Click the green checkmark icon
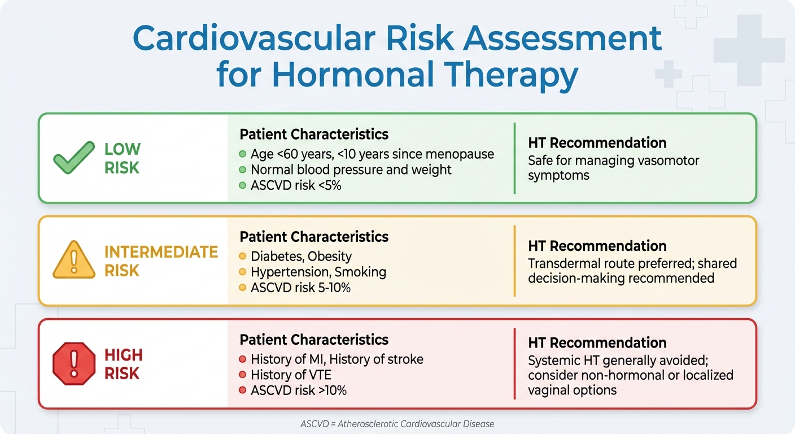pyautogui.click(x=73, y=158)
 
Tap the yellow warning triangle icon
pyautogui.click(x=73, y=261)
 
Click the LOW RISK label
pyautogui.click(x=123, y=158)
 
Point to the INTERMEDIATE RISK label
pyautogui.click(x=161, y=261)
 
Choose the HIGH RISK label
pyautogui.click(x=123, y=364)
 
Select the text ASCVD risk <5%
pyautogui.click(x=296, y=185)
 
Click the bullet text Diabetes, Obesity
pyautogui.click(x=301, y=257)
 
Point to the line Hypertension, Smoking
pyautogui.click(x=318, y=272)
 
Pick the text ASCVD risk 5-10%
pyautogui.click(x=300, y=288)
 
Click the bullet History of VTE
pyautogui.click(x=291, y=374)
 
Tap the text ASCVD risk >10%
pyautogui.click(x=299, y=390)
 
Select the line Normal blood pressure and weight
pyautogui.click(x=351, y=170)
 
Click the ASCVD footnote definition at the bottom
pyautogui.click(x=397, y=423)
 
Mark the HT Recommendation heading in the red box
pyautogui.click(x=597, y=342)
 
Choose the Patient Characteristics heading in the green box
pyautogui.click(x=314, y=134)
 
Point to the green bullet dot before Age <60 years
pyautogui.click(x=243, y=154)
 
